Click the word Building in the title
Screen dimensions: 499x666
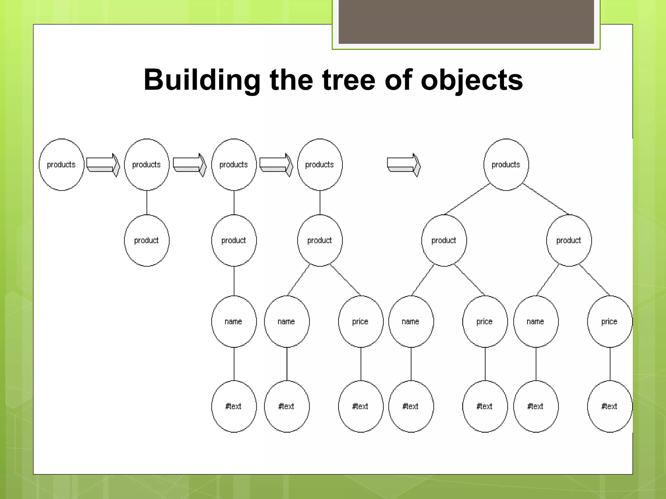click(x=202, y=80)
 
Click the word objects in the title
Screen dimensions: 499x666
click(x=472, y=80)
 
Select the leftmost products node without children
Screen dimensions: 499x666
click(x=61, y=165)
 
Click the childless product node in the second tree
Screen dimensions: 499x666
click(x=147, y=240)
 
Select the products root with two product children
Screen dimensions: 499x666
click(x=506, y=165)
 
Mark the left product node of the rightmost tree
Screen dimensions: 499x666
click(x=444, y=240)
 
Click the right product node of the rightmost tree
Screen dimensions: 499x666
click(x=569, y=240)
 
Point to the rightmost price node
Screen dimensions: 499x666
click(x=609, y=322)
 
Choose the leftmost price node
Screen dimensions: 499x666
click(x=361, y=322)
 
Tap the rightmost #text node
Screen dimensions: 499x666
click(x=609, y=406)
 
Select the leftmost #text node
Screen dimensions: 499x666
click(x=234, y=406)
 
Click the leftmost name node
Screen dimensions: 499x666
click(x=234, y=322)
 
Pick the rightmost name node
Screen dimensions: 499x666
click(x=536, y=322)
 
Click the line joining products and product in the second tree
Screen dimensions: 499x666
click(x=147, y=202)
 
